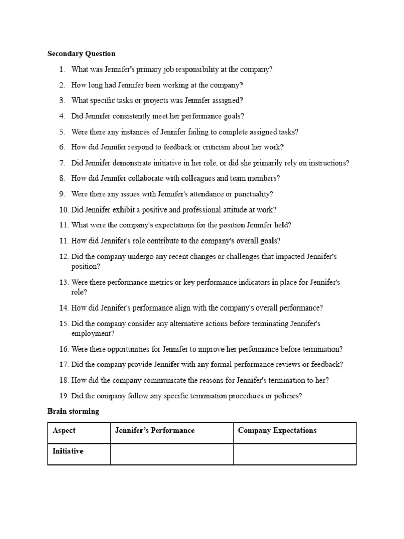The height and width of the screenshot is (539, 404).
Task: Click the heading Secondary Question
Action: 81,54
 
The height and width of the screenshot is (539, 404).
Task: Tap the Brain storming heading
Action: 73,412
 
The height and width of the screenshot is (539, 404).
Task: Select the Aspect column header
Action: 64,431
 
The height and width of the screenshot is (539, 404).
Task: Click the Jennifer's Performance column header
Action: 155,431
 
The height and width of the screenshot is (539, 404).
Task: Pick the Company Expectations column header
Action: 277,431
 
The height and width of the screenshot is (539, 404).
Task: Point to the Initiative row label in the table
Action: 68,452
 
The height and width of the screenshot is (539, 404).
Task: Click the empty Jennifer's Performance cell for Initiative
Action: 171,454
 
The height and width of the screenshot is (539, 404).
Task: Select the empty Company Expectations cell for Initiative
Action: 294,454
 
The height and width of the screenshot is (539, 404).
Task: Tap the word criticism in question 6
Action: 223,147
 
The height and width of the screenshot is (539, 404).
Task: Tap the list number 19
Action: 64,396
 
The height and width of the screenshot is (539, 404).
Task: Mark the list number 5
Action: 62,132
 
